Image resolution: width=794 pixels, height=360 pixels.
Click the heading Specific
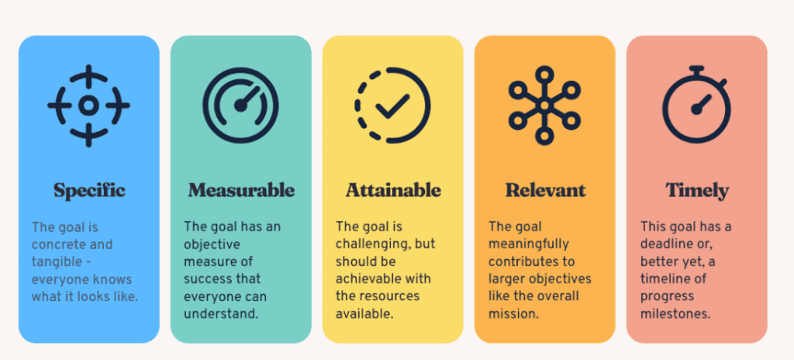[89, 191]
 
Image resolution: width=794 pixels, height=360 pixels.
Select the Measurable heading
[241, 190]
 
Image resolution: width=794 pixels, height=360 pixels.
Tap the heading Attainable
[393, 190]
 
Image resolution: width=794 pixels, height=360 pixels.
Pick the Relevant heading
[545, 190]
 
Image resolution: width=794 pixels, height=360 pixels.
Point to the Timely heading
[697, 191]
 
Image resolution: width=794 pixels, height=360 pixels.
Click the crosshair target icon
[88, 106]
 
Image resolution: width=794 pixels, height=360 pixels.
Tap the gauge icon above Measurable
[240, 105]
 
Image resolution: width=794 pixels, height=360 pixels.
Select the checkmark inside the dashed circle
[392, 106]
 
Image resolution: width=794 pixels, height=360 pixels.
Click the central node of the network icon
[544, 106]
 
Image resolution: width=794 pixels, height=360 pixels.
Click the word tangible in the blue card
[56, 261]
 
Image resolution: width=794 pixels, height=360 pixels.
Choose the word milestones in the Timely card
[675, 313]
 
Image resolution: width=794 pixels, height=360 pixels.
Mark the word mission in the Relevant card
[513, 313]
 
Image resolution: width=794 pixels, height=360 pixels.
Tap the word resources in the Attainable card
[395, 296]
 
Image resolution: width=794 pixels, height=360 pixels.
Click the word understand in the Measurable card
[221, 313]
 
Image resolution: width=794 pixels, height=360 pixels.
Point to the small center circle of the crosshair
[88, 106]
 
